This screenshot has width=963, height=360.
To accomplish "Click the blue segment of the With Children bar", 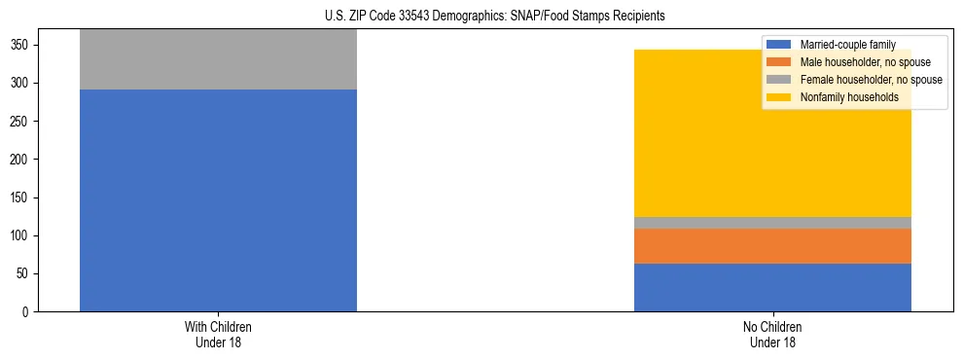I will pyautogui.click(x=218, y=199).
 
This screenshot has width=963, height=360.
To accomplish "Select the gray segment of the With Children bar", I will pyautogui.click(x=218, y=59).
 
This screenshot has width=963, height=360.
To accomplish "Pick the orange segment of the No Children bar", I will pyautogui.click(x=772, y=246).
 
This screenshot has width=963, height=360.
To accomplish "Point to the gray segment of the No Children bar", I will pyautogui.click(x=772, y=223).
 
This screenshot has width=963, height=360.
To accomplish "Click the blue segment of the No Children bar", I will pyautogui.click(x=772, y=287).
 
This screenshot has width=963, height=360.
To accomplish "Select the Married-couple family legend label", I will pyautogui.click(x=841, y=45).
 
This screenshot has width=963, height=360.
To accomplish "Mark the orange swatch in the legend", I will pyautogui.click(x=779, y=62).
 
